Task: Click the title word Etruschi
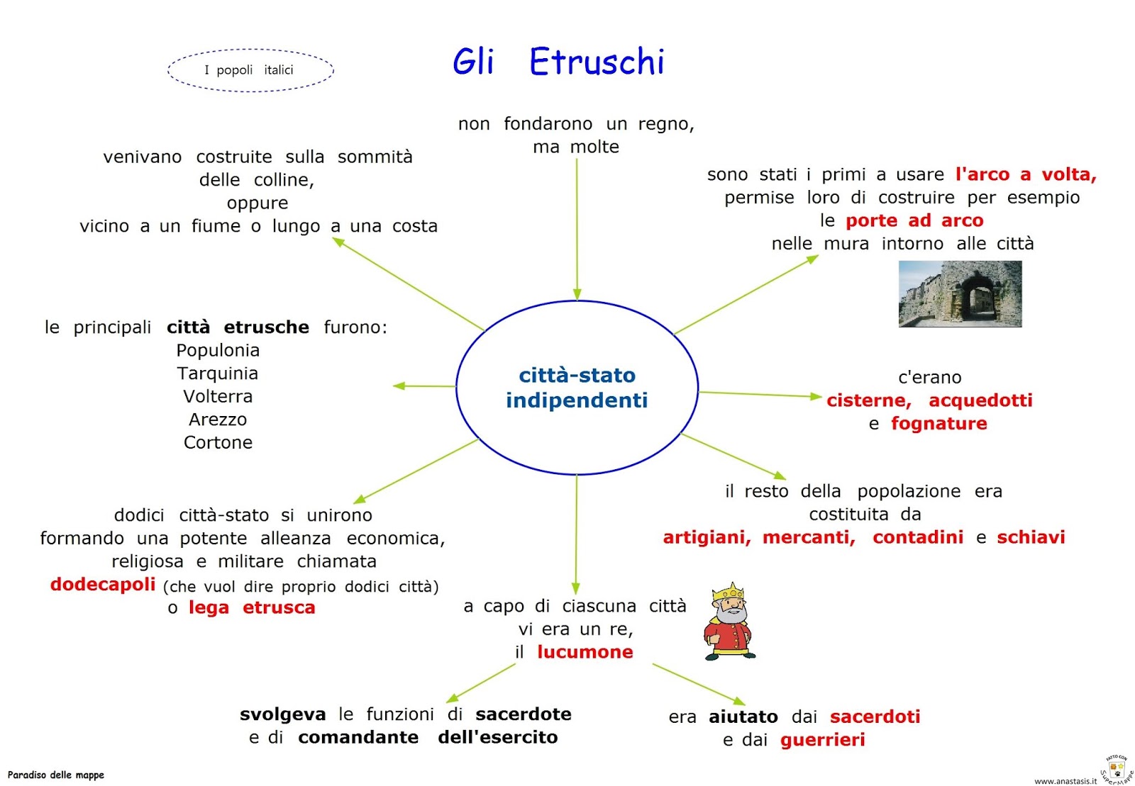597,62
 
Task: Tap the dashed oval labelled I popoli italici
250,70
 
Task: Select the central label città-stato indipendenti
577,388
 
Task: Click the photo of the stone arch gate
960,293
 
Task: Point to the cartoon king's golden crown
728,592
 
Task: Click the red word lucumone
585,652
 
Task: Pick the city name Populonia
218,351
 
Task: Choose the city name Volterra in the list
218,397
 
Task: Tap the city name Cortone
218,443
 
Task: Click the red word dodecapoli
103,585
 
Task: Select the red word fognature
939,424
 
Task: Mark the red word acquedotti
980,400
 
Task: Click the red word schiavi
1031,537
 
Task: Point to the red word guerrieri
822,740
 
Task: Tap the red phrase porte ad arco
914,221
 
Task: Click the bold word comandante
358,737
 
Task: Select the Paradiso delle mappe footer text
56,775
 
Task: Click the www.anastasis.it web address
1065,781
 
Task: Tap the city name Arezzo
218,420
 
